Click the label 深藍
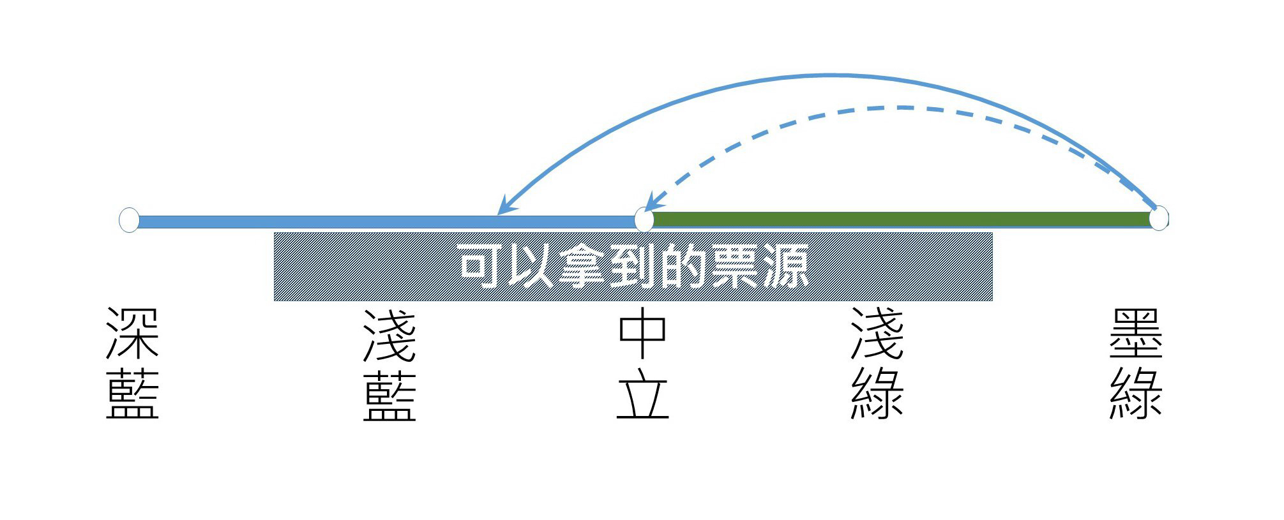point(132,363)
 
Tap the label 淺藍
point(389,365)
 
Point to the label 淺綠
point(877,364)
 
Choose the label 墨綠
point(1136,364)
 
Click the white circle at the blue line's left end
point(129,219)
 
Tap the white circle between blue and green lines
point(644,219)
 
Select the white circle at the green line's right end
point(1159,218)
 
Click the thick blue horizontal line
point(387,222)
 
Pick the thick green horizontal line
point(902,219)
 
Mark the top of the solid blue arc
point(830,75)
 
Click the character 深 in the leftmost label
point(132,334)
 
